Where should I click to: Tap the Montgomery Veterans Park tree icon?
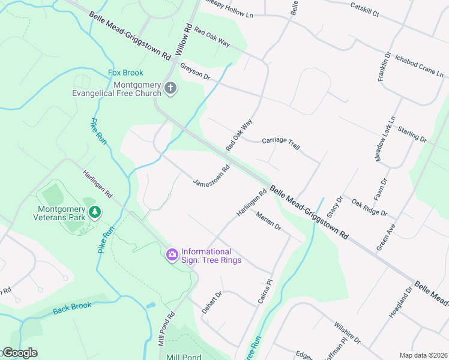(x=94, y=212)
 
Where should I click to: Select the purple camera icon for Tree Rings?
(x=172, y=255)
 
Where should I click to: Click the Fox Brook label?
(x=125, y=73)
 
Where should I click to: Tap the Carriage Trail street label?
(x=281, y=143)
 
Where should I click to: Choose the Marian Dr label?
(x=268, y=220)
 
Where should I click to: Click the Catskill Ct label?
(x=370, y=8)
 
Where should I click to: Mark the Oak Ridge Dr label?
(x=370, y=208)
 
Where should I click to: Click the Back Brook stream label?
(x=72, y=307)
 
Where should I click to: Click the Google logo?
(x=19, y=353)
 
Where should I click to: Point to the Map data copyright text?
(x=423, y=355)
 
